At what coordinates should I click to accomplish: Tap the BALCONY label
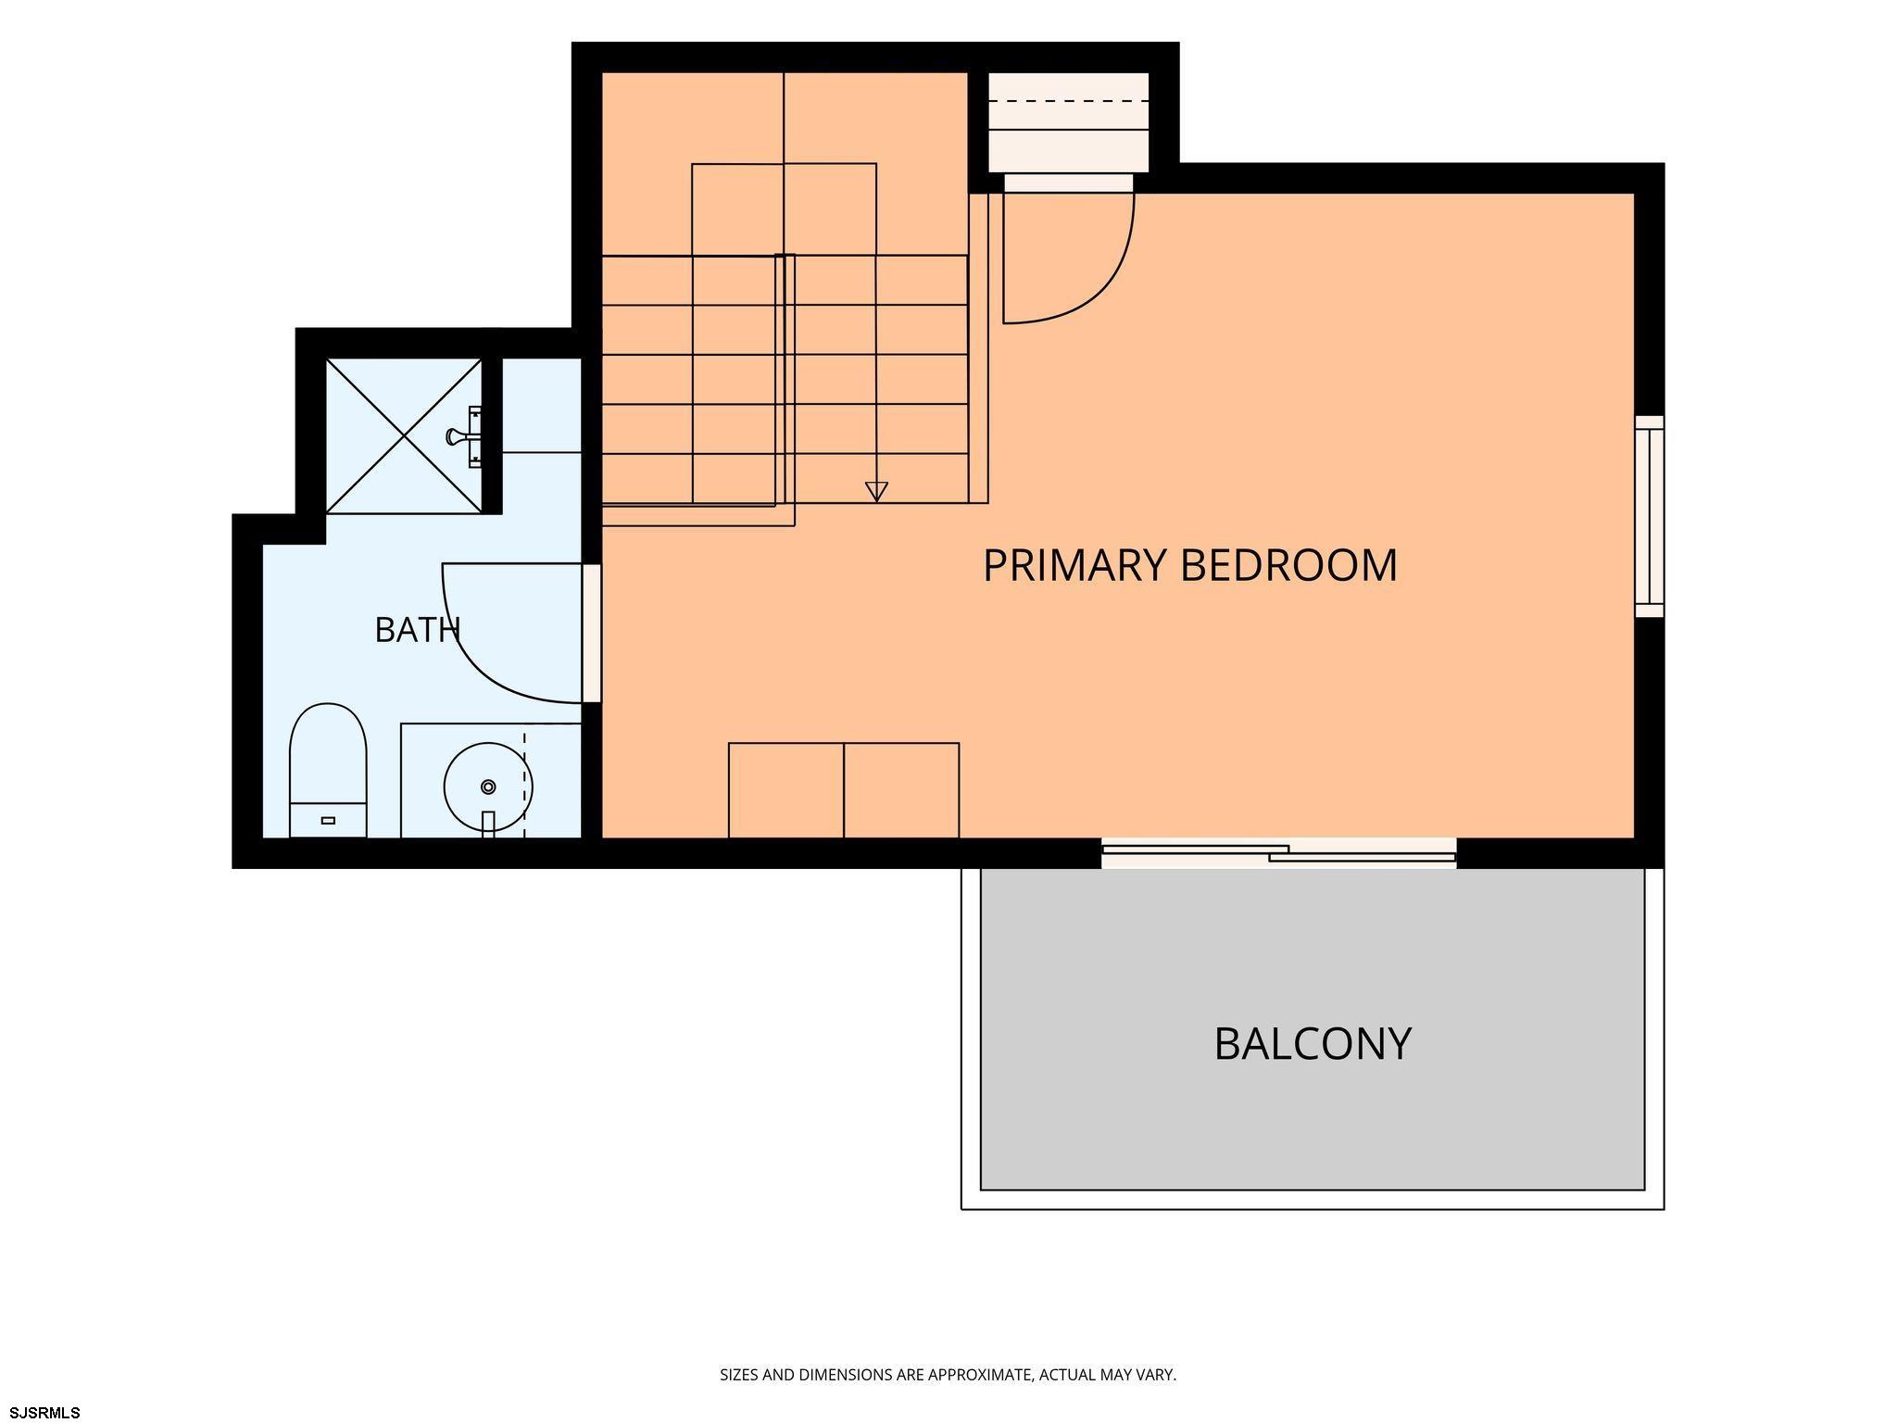(1313, 1043)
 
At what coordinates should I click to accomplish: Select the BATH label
(417, 630)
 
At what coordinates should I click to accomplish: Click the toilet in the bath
(328, 770)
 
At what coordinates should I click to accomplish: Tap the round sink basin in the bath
(488, 787)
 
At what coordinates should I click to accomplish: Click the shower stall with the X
(404, 435)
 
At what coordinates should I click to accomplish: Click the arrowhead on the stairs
(876, 492)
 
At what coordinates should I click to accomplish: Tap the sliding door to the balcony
(1278, 853)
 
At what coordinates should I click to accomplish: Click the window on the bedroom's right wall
(1649, 516)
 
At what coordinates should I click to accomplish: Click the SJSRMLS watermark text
(44, 1413)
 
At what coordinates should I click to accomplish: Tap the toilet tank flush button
(328, 820)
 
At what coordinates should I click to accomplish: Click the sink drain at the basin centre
(488, 787)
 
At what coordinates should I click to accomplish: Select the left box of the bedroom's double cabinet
(786, 790)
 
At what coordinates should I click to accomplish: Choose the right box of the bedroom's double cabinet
(901, 790)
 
